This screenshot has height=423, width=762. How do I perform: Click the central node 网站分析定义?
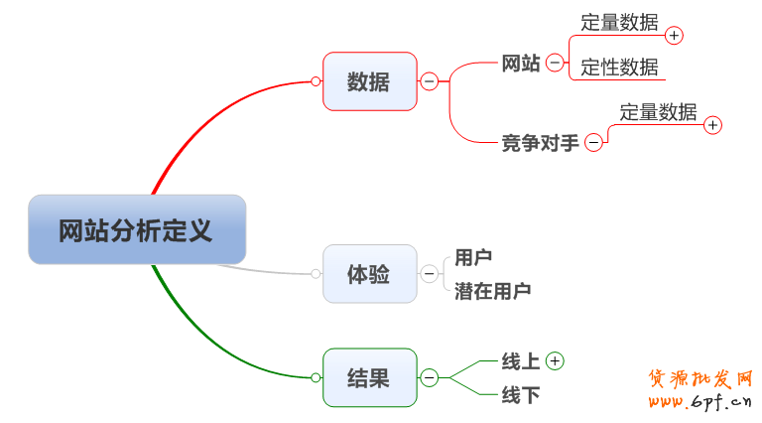click(x=136, y=230)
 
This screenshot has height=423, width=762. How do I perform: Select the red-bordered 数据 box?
click(x=369, y=81)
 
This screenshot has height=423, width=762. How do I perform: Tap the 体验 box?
click(x=369, y=274)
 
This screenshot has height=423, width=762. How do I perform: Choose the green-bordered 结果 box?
click(x=369, y=377)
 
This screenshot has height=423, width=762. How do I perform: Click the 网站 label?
click(x=521, y=64)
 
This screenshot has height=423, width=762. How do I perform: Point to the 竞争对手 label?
click(x=540, y=143)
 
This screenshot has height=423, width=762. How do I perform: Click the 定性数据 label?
click(x=619, y=68)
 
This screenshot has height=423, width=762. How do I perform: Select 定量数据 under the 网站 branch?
click(x=619, y=23)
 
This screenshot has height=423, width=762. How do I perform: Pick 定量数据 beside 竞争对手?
click(x=658, y=112)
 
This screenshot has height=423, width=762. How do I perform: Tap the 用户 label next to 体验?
click(x=473, y=258)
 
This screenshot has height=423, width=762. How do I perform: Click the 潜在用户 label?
click(x=492, y=291)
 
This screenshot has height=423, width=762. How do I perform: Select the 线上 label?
click(x=521, y=361)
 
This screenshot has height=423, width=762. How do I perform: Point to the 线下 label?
click(x=521, y=395)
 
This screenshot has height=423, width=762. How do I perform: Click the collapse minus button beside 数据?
click(x=430, y=81)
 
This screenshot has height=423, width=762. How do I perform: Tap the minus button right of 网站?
click(x=556, y=64)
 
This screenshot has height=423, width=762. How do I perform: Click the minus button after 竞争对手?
click(x=593, y=143)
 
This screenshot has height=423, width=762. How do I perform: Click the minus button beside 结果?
click(x=430, y=377)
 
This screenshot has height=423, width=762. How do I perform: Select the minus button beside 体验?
click(x=430, y=274)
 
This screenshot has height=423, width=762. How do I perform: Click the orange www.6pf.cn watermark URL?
click(x=700, y=401)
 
